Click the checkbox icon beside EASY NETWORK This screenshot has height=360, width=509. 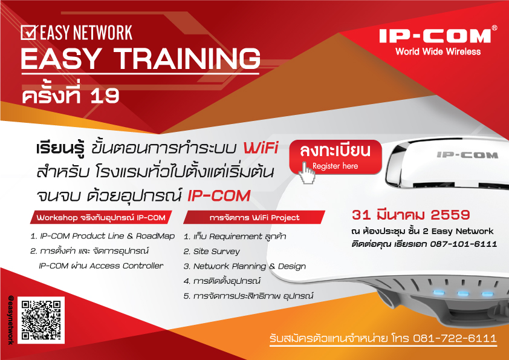click(29, 33)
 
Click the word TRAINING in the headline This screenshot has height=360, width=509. click(187, 59)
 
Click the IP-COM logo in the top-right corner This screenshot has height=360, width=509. click(435, 36)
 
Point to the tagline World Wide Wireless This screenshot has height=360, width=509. click(438, 51)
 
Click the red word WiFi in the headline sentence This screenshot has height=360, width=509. click(261, 148)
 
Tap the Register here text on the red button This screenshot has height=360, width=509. click(335, 166)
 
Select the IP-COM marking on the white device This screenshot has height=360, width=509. click(467, 155)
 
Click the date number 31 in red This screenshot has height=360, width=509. click(361, 215)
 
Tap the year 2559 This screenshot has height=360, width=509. click(450, 215)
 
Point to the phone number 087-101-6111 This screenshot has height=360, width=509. click(464, 244)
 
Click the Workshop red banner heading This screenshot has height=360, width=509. click(101, 217)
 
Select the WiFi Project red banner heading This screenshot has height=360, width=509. click(254, 217)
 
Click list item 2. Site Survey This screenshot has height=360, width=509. click(212, 251)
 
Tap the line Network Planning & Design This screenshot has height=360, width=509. click(245, 266)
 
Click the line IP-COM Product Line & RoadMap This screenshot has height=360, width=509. click(103, 236)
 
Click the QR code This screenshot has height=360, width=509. click(41, 320)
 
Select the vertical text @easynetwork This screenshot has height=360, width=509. click(11, 319)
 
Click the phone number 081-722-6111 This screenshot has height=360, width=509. click(455, 338)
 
